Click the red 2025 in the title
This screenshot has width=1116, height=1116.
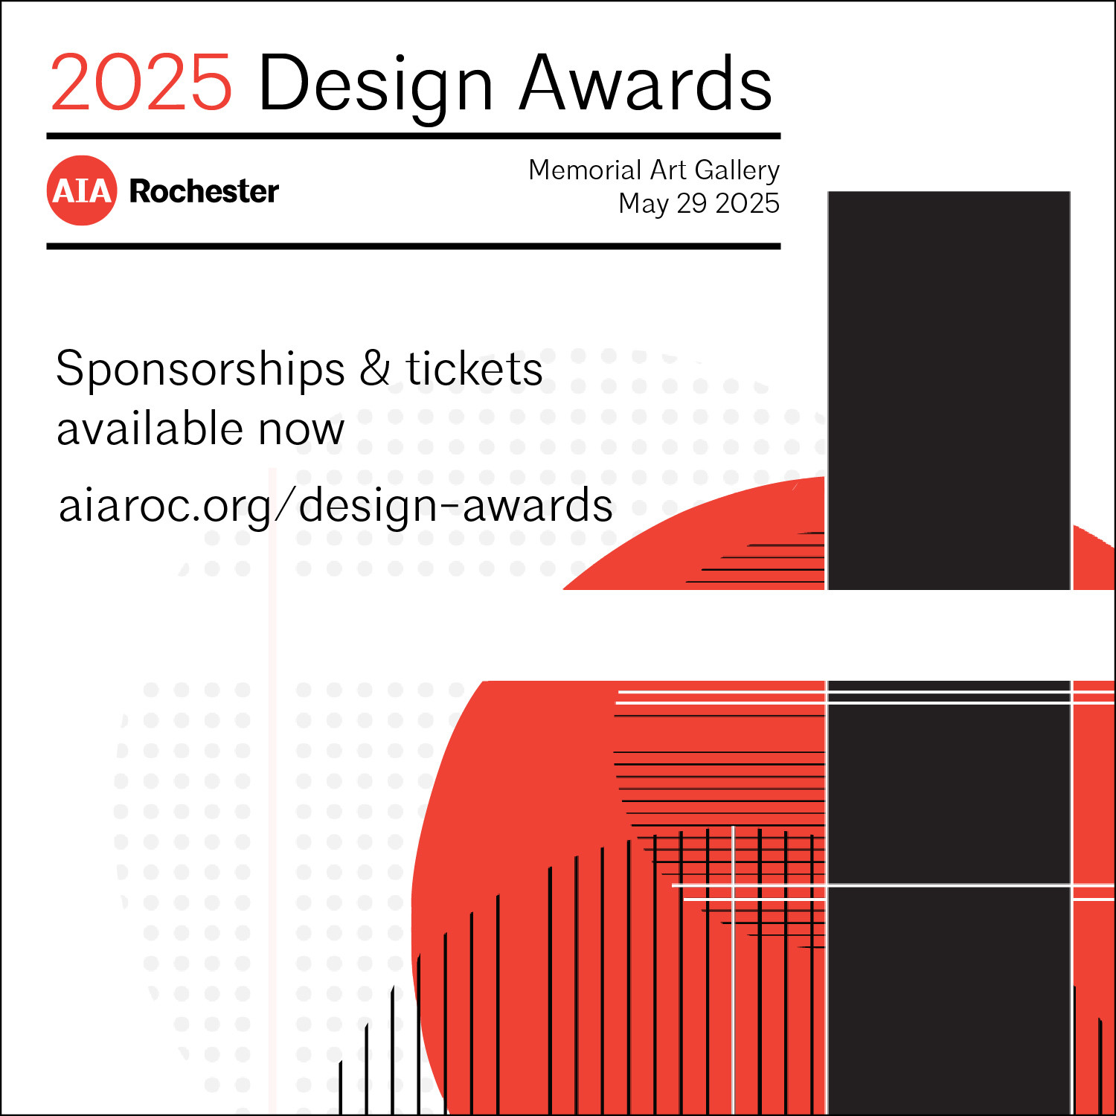141,83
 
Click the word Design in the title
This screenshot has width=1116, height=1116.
375,85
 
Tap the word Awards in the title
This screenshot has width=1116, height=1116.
646,83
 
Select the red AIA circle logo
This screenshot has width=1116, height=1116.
82,190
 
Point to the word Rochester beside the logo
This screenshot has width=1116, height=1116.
204,191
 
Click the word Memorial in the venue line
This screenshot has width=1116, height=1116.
585,170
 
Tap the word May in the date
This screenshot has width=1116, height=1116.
644,204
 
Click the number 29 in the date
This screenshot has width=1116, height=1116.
691,203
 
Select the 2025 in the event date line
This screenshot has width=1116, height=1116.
747,203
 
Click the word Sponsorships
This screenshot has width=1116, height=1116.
200,370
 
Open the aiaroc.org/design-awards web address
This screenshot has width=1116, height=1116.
336,506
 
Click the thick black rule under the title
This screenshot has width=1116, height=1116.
413,136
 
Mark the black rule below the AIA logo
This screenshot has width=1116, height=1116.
413,246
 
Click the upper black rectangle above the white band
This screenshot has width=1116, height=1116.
949,391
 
